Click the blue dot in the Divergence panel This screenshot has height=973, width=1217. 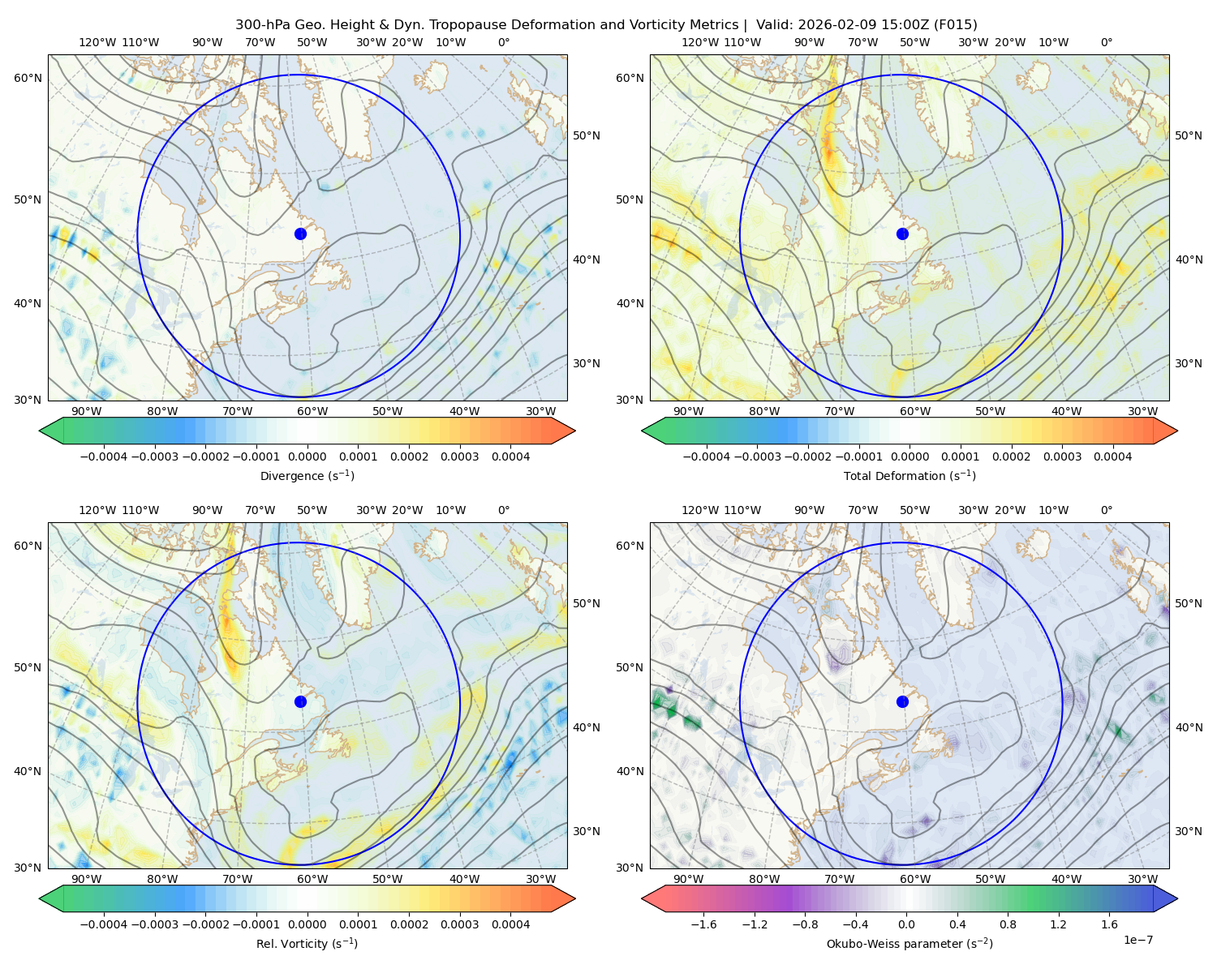300,234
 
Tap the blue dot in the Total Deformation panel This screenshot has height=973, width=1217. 902,234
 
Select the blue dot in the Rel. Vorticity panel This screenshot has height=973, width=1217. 300,701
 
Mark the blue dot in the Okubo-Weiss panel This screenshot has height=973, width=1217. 902,701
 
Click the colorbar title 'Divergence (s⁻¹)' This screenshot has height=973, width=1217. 307,476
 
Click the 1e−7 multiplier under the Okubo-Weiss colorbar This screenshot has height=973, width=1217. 1137,940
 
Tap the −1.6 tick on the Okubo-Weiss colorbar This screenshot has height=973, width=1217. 703,924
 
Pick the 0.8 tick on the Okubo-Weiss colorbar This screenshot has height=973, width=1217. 1008,924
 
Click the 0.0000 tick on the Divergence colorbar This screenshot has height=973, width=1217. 307,456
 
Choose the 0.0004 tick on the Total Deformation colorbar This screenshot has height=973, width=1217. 1112,456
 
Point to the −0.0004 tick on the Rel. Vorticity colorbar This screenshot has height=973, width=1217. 104,924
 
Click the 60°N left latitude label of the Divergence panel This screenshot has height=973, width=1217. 28,78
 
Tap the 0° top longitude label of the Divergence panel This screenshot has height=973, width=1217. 504,42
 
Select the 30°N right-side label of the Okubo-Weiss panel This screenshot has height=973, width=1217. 1189,831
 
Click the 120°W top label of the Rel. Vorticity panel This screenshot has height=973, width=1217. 97,510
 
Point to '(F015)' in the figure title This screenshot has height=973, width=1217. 956,25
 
